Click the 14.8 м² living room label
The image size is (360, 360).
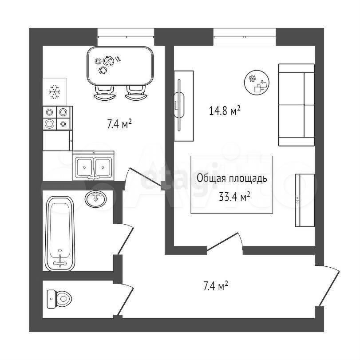(x=225, y=111)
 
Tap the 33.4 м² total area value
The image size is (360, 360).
(x=234, y=197)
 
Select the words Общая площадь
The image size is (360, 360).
(x=232, y=178)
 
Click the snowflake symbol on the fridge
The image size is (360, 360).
(x=55, y=92)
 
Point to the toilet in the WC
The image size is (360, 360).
(x=59, y=299)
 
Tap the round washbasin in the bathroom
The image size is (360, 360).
(x=96, y=199)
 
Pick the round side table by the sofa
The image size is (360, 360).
(x=257, y=82)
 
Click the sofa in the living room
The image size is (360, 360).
(x=297, y=105)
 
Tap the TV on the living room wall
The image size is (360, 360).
(x=179, y=105)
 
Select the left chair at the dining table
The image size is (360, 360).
(x=104, y=92)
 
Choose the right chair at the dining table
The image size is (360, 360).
(x=136, y=92)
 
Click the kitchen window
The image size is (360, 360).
(x=126, y=37)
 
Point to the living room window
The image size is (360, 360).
(x=245, y=37)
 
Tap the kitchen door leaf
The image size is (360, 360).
(x=145, y=177)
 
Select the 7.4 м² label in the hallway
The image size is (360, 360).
(x=216, y=286)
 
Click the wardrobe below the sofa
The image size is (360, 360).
(x=305, y=201)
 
